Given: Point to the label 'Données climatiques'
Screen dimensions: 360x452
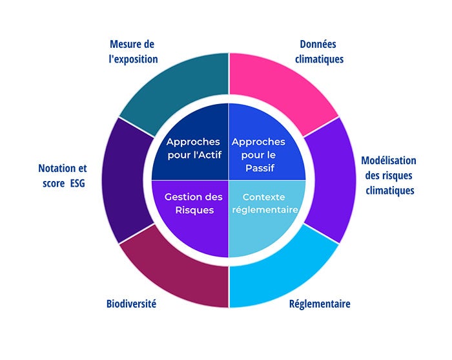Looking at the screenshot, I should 319,52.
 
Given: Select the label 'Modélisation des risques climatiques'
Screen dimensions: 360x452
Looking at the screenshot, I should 388,175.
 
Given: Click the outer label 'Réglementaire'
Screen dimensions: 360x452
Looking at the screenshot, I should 320,304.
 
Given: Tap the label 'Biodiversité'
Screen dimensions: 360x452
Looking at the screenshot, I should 132,304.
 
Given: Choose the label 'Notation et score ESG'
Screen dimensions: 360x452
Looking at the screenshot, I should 62,175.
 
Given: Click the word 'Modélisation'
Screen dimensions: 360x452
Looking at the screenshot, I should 388,160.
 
